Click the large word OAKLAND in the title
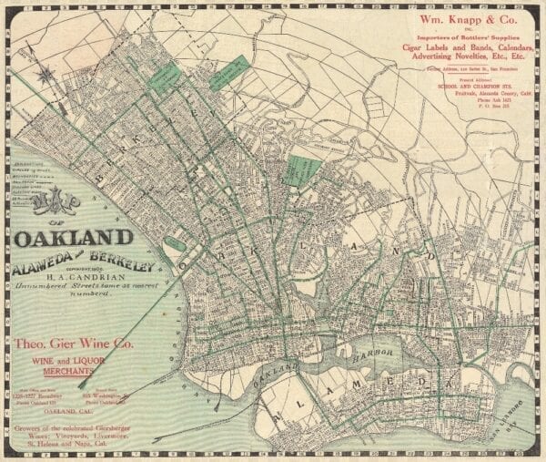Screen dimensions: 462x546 [x=74, y=239]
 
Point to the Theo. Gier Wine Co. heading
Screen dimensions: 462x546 [x=76, y=344]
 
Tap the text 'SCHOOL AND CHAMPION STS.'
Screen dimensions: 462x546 [x=465, y=85]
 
